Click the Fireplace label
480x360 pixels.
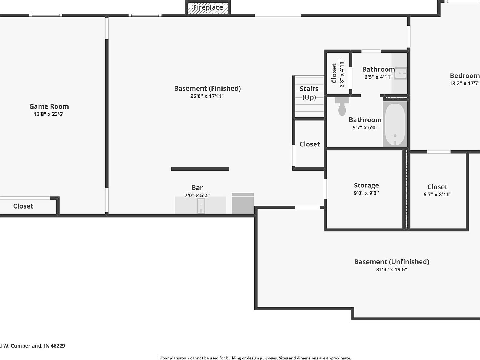pyautogui.click(x=208, y=7)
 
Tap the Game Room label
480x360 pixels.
pyautogui.click(x=49, y=106)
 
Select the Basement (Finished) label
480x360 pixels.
pyautogui.click(x=207, y=89)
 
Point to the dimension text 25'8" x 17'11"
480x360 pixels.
pyautogui.click(x=207, y=96)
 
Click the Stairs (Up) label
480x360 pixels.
pyautogui.click(x=309, y=93)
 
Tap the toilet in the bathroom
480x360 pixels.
pyautogui.click(x=342, y=106)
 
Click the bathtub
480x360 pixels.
pyautogui.click(x=395, y=124)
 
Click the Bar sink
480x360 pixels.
pyautogui.click(x=201, y=206)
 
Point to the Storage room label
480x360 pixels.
pyautogui.click(x=366, y=185)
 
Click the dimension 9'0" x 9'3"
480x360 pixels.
pyautogui.click(x=366, y=193)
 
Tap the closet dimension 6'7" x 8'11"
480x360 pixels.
pyautogui.click(x=437, y=195)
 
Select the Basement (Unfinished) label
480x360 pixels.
pyautogui.click(x=392, y=262)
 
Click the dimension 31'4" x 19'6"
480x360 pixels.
pyautogui.click(x=391, y=270)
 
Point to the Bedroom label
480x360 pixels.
pyautogui.click(x=465, y=76)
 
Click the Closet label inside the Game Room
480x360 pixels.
pyautogui.click(x=23, y=206)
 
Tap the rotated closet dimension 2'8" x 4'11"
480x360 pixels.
pyautogui.click(x=341, y=73)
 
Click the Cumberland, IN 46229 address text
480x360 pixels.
pyautogui.click(x=38, y=346)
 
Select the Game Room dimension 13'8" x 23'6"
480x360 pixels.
pyautogui.click(x=49, y=114)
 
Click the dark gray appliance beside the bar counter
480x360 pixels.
pyautogui.click(x=243, y=203)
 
